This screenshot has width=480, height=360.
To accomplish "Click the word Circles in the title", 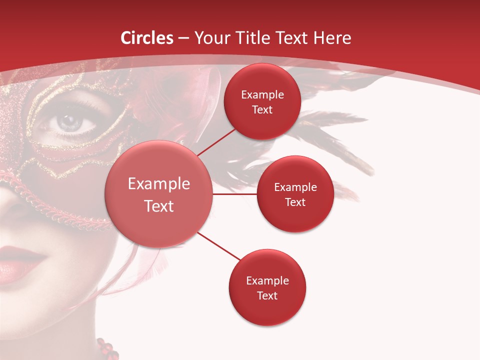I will pos(147,38).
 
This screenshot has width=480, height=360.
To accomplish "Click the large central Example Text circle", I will pos(159,194).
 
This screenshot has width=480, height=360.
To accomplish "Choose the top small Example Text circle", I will pos(262,102).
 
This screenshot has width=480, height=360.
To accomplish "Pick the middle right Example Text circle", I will pos(295,194).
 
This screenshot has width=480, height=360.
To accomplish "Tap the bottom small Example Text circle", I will pos(267,288).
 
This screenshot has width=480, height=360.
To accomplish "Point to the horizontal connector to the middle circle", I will pos(235,194).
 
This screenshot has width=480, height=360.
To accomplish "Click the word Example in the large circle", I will pos(159,184).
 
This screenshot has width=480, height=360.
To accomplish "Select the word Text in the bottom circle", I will pos(267,295).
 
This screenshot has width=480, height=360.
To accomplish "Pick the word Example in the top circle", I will pos(262,94).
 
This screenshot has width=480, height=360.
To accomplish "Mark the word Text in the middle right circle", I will pos(295,202).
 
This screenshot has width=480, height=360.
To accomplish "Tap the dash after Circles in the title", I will pos(183,38).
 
